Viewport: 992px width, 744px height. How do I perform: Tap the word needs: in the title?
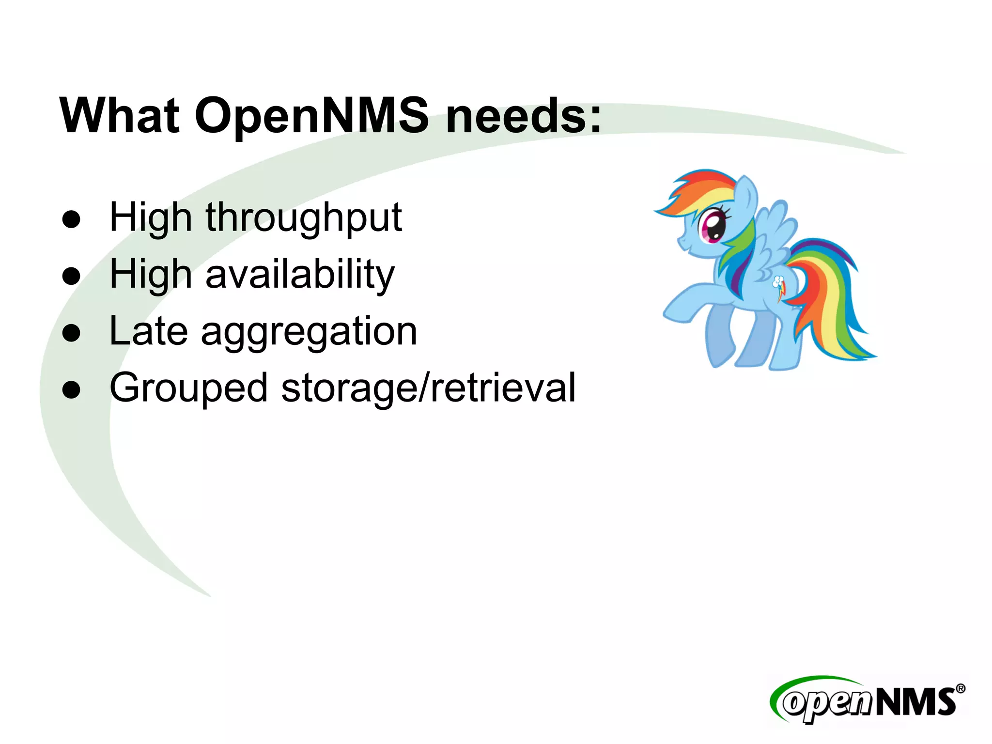(x=524, y=116)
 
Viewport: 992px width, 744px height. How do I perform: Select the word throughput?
(x=304, y=218)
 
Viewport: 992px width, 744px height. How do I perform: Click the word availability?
(x=300, y=275)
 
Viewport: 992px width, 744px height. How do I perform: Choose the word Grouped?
(x=188, y=388)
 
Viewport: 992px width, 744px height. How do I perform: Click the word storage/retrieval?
(x=429, y=388)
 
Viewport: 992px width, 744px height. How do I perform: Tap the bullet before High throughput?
(x=71, y=219)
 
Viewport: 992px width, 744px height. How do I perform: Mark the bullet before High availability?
(x=71, y=276)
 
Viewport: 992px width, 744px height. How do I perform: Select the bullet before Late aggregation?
(x=71, y=333)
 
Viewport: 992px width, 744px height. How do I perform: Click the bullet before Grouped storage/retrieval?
(x=71, y=389)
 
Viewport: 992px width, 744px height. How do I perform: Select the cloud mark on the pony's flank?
(x=778, y=282)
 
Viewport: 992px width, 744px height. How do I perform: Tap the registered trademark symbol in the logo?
(x=960, y=688)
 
